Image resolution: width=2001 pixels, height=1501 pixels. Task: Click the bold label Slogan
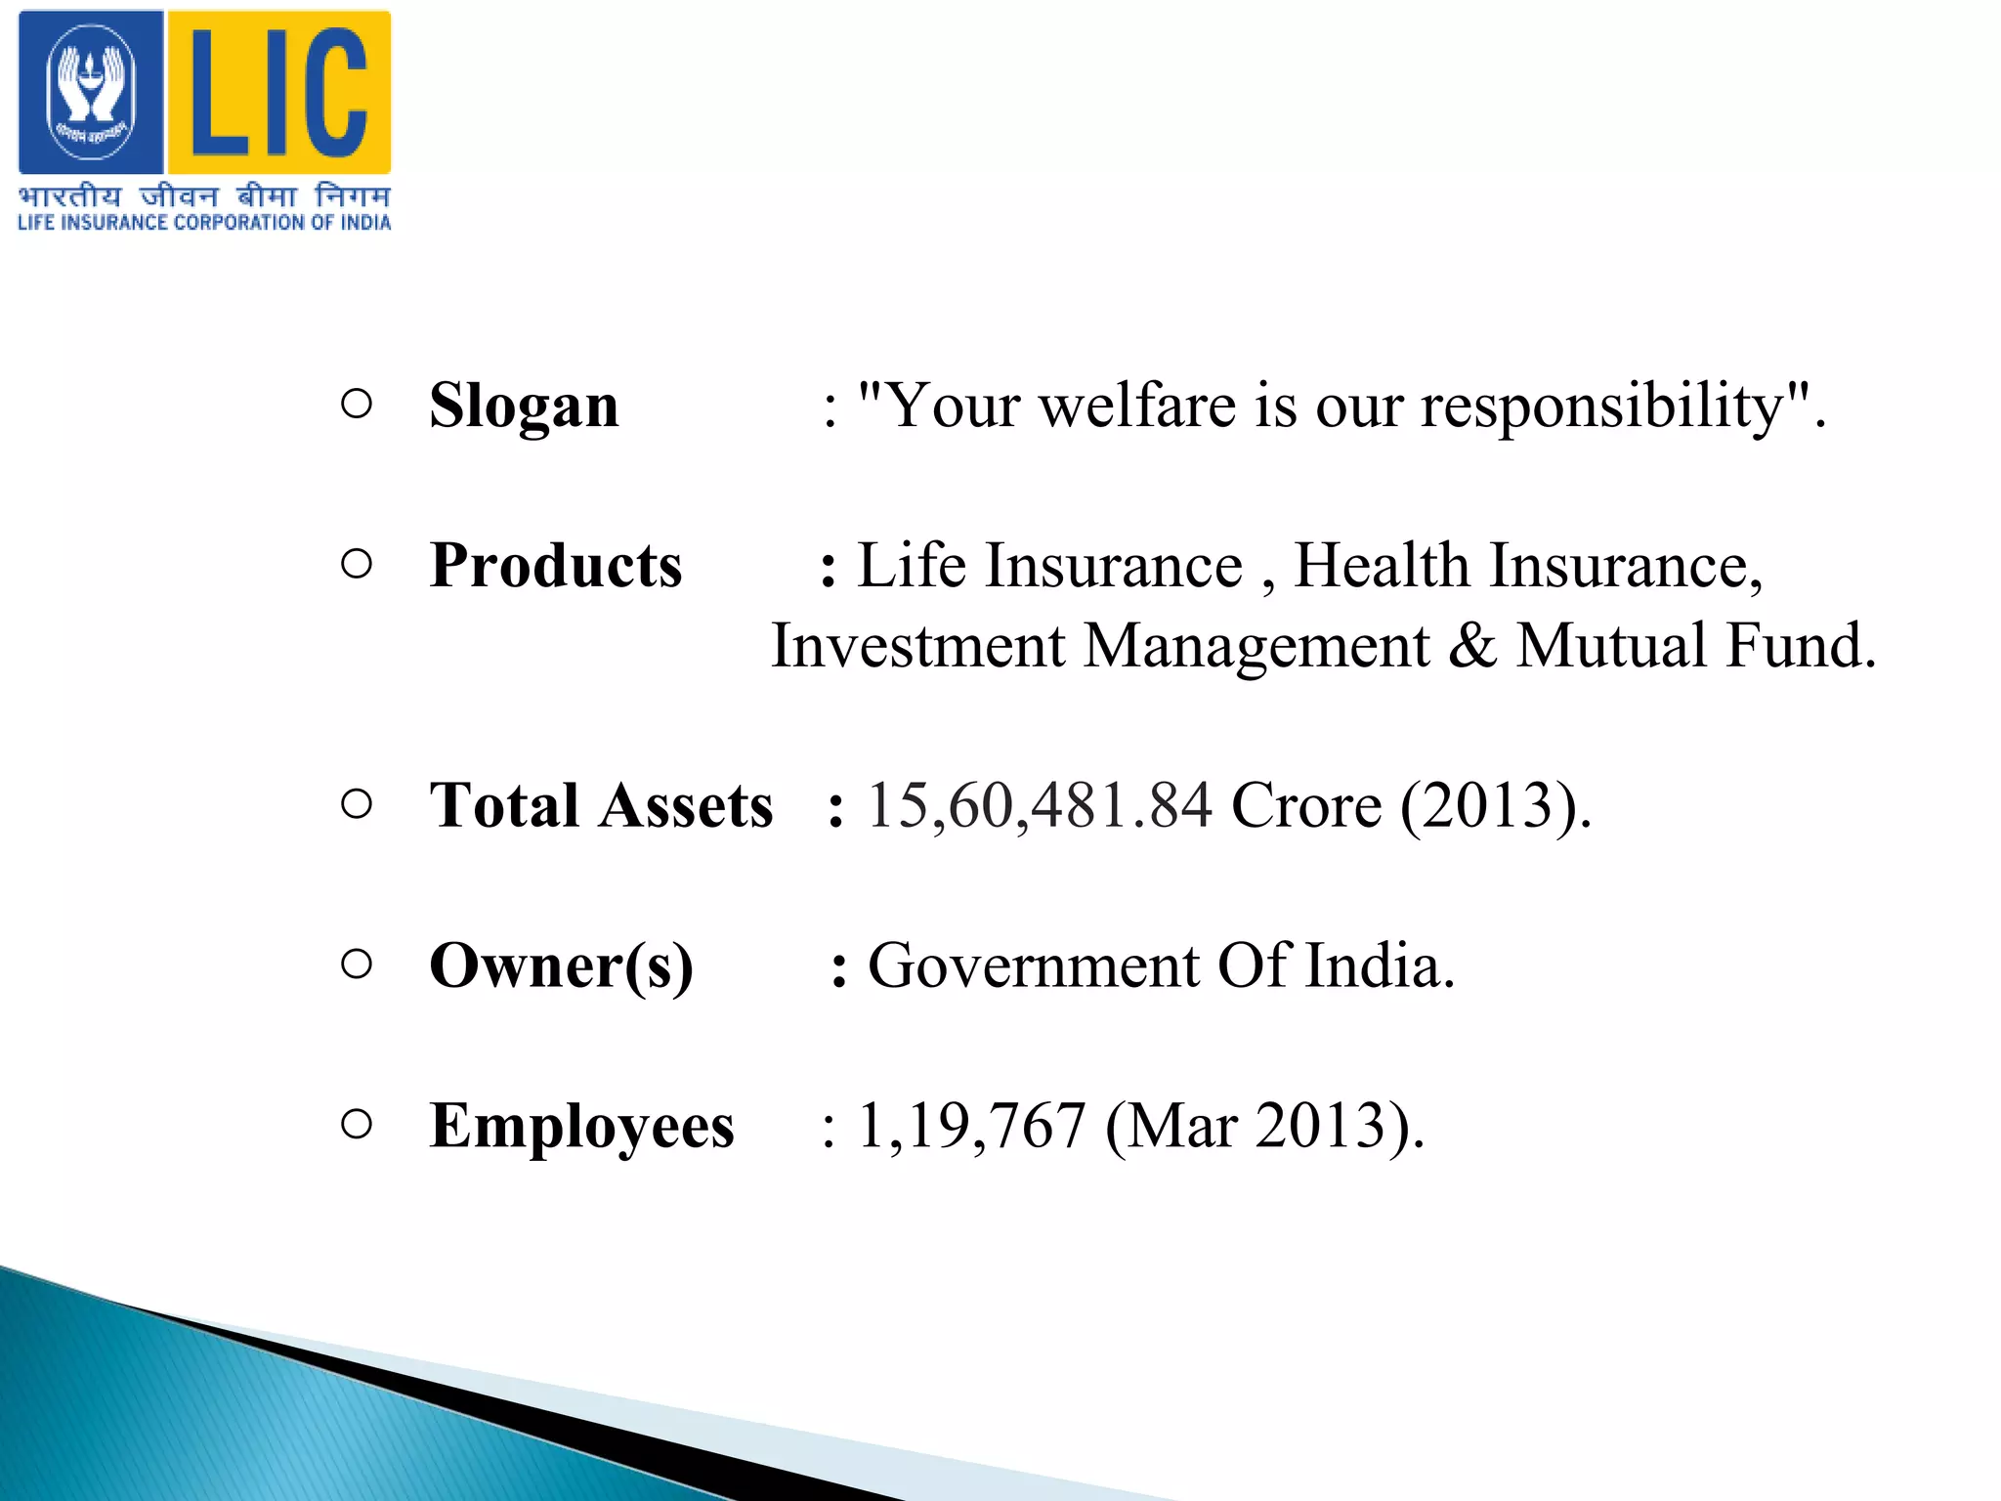coord(524,406)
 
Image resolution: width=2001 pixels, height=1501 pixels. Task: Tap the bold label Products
coord(555,566)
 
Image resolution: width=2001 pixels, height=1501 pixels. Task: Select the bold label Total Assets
coord(601,806)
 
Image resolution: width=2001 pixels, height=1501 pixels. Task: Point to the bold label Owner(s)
coord(561,966)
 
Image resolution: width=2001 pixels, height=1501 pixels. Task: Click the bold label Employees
coord(581,1126)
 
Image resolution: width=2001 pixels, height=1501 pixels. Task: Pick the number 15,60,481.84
coord(1040,806)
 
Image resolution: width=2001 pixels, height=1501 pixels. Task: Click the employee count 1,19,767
coord(971,1126)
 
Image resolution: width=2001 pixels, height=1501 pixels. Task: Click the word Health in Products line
coord(1382,566)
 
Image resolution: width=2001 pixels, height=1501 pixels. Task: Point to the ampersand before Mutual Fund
coord(1472,646)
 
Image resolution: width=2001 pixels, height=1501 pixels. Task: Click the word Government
coord(1033,966)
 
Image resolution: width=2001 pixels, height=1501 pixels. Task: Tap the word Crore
coord(1306,806)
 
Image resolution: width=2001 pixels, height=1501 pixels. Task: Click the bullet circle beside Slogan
coord(357,405)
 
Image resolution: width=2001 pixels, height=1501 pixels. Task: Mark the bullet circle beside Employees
coord(357,1125)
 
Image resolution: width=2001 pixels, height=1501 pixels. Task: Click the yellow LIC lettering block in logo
coord(279,93)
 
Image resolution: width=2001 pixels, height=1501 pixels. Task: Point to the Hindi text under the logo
coord(204,196)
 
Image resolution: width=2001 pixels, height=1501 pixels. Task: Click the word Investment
coord(917,646)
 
